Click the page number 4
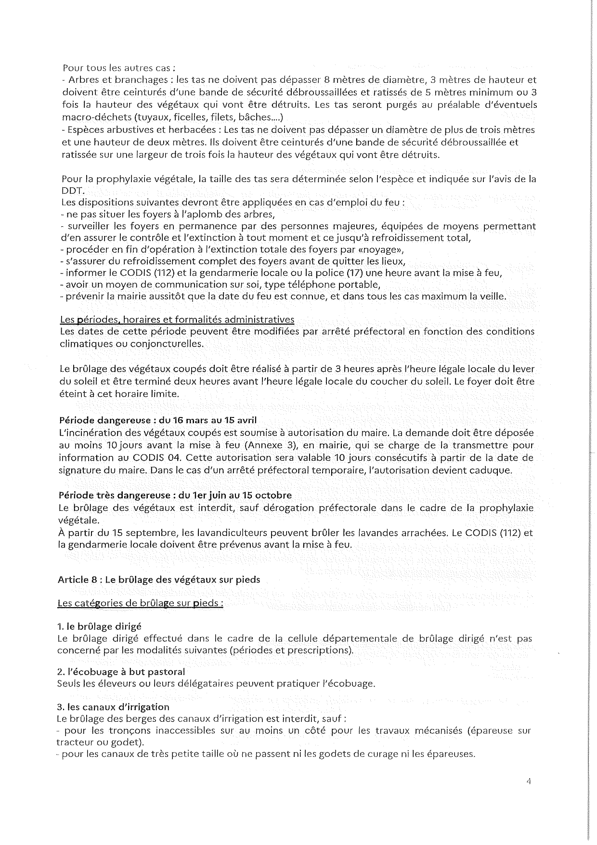(528, 782)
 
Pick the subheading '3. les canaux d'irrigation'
(113, 707)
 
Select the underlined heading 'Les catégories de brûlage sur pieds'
(140, 603)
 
